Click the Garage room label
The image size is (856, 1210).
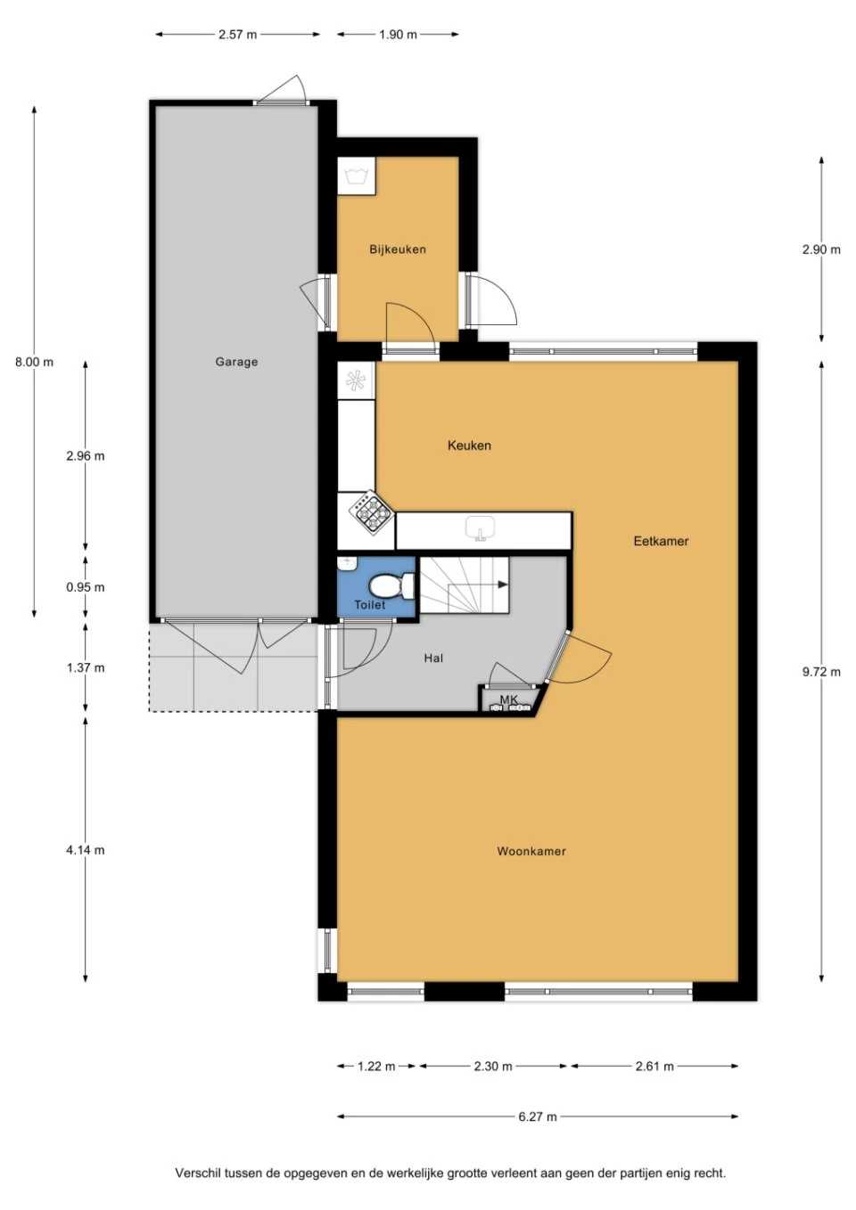pos(236,362)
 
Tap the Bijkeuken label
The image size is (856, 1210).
pos(398,249)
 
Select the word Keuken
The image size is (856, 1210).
pos(469,446)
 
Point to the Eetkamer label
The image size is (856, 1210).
pos(661,541)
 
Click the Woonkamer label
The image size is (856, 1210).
pos(531,851)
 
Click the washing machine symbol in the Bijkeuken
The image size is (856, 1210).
pos(357,176)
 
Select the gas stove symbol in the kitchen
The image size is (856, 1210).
pos(371,511)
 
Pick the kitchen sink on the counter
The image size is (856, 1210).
pos(481,529)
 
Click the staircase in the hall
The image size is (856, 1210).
pos(464,585)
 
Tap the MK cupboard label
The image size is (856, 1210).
pos(508,699)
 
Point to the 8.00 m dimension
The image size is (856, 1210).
pos(34,362)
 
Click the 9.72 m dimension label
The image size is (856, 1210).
pos(821,672)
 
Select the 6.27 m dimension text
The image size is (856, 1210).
pos(538,1116)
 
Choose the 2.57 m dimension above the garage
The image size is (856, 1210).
pos(237,35)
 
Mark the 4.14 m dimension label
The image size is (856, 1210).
pos(85,850)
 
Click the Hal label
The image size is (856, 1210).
pos(433,658)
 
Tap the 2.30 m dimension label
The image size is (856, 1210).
pos(493,1066)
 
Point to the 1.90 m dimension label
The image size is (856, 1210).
pos(398,35)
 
